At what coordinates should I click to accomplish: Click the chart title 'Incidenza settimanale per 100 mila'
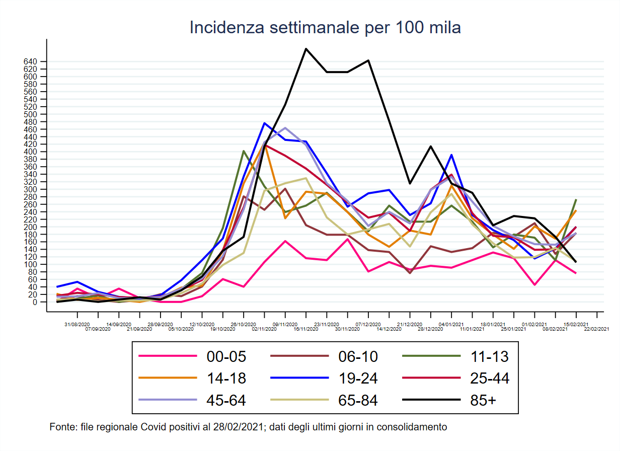pyautogui.click(x=325, y=28)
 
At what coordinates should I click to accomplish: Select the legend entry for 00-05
pyautogui.click(x=226, y=357)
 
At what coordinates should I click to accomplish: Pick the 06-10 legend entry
pyautogui.click(x=358, y=357)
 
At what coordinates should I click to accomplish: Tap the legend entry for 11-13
pyautogui.click(x=490, y=357)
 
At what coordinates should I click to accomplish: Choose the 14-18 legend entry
pyautogui.click(x=226, y=378)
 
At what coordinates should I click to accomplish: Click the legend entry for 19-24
pyautogui.click(x=358, y=378)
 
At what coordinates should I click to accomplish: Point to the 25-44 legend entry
pyautogui.click(x=490, y=378)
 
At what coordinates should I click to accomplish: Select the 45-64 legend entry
pyautogui.click(x=226, y=400)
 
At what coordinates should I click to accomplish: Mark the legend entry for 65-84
pyautogui.click(x=358, y=400)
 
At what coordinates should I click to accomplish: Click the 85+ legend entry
pyautogui.click(x=484, y=400)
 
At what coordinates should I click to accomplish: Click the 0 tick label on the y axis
pyautogui.click(x=35, y=302)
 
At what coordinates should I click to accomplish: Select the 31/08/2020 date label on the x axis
pyautogui.click(x=77, y=324)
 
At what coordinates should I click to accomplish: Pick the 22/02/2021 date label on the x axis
pyautogui.click(x=597, y=329)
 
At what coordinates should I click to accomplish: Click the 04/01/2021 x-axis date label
pyautogui.click(x=451, y=324)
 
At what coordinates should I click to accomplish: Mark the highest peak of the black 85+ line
pyautogui.click(x=306, y=49)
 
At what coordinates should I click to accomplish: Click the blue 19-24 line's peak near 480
pyautogui.click(x=264, y=123)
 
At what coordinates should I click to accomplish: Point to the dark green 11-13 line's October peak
pyautogui.click(x=244, y=151)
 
